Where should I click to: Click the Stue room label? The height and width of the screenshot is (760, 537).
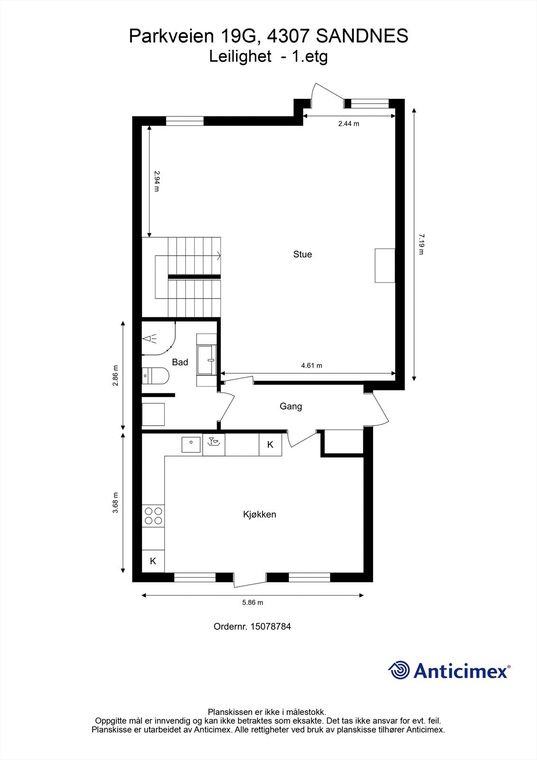point(302,254)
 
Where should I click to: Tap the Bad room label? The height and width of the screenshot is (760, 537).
point(180,362)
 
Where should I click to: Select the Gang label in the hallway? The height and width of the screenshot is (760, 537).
point(291,406)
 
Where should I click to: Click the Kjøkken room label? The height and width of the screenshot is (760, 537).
point(259,514)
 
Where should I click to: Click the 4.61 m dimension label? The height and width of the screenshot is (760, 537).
point(311,365)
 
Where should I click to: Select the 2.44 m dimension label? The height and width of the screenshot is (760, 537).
point(349,123)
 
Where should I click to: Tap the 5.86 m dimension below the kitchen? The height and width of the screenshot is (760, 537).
point(253,602)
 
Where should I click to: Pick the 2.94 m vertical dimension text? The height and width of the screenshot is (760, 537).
point(157,181)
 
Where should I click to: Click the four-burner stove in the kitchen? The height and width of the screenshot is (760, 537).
point(153,516)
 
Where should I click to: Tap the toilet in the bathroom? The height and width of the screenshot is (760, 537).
point(155,376)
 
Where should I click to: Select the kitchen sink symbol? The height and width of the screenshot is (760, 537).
point(191,445)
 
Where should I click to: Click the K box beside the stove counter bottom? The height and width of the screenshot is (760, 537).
point(153,561)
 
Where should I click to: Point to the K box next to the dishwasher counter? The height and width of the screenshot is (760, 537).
point(270,445)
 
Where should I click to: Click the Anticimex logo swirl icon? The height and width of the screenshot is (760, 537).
point(399,670)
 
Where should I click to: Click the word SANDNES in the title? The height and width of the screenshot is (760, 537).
point(362,36)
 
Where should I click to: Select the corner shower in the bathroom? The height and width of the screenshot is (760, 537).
point(158,338)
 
